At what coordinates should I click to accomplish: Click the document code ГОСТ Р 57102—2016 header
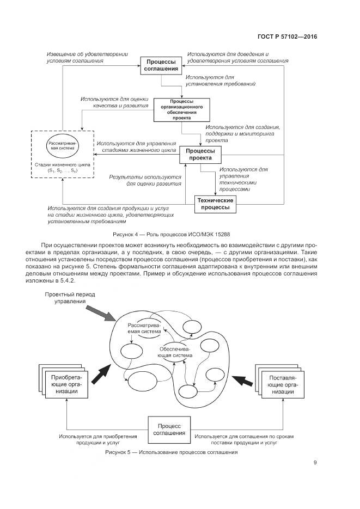coord(287,37)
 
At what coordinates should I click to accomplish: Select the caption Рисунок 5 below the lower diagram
coord(172,452)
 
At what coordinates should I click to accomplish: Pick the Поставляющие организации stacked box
coord(281,384)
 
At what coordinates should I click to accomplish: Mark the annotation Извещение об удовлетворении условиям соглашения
coord(88,58)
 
